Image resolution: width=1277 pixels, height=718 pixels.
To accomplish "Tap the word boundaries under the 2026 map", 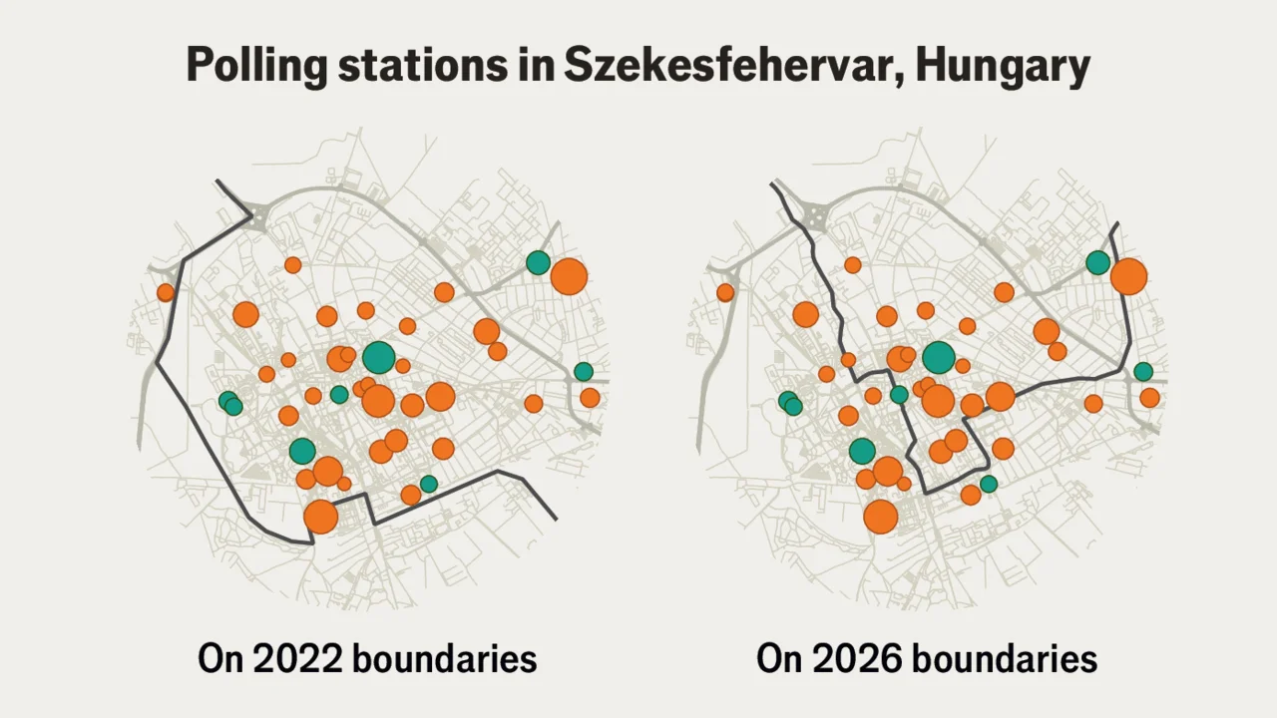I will [1005, 659].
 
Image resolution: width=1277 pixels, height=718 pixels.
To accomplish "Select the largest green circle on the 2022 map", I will [378, 357].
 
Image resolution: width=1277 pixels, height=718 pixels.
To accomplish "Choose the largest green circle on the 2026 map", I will [938, 357].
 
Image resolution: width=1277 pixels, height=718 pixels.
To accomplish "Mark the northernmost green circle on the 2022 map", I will [538, 262].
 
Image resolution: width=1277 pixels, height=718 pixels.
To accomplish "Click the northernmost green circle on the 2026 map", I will [1097, 262].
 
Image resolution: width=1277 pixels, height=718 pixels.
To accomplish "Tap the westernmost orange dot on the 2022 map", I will [166, 292].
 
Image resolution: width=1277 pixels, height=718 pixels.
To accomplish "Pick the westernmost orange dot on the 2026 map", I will [725, 292].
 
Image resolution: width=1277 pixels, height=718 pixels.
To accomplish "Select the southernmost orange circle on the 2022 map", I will [320, 517].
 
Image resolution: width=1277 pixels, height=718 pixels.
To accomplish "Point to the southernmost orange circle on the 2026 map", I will [880, 517].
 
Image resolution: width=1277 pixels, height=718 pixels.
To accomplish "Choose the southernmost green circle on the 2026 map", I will [989, 484].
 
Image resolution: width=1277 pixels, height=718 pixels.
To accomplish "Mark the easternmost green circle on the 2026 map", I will [1143, 371].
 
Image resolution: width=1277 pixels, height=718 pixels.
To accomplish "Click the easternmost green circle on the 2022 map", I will [584, 371].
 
